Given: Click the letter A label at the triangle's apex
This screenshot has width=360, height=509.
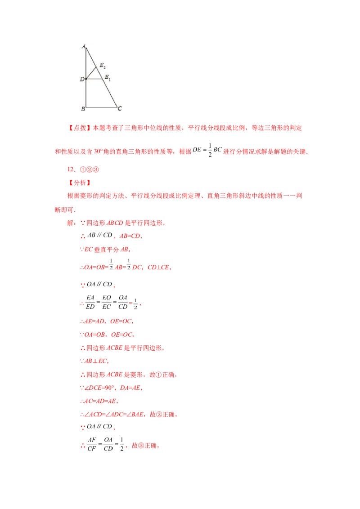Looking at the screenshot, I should point(83,46).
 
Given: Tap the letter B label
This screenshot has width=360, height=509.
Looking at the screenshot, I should point(83,109).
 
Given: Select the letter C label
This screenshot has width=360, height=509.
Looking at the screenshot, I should point(120,109).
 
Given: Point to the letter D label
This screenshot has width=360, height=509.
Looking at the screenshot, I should point(82,80).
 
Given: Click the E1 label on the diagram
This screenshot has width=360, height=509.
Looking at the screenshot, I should point(108,78).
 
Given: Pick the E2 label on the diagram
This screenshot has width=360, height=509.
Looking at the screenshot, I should point(102,66).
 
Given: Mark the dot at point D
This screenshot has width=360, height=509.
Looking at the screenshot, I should point(86,79).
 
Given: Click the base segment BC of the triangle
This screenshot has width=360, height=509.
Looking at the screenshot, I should point(101,108).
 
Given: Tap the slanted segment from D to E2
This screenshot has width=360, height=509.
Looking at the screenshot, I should point(91,73).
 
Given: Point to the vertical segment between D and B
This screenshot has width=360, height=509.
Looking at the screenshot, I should point(86,94).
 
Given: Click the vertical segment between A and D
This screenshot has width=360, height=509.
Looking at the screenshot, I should point(86,63).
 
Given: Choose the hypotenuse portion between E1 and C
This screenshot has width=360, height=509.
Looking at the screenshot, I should point(109,93).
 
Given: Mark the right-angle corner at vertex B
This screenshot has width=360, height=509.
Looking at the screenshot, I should point(86,108).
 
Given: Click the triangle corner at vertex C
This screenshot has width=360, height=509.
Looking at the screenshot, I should point(117,108).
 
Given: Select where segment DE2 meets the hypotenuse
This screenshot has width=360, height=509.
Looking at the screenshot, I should point(97,67).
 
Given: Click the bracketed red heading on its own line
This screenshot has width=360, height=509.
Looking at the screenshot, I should point(80,183).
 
